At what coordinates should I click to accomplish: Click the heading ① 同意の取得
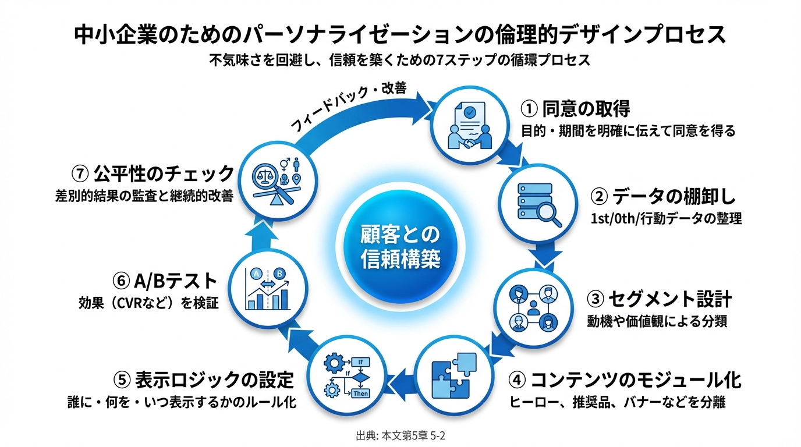point(575,109)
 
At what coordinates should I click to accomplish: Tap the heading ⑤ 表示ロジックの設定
point(204,380)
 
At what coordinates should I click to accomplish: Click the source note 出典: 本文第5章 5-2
point(400,435)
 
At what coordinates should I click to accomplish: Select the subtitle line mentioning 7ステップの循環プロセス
point(400,60)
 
